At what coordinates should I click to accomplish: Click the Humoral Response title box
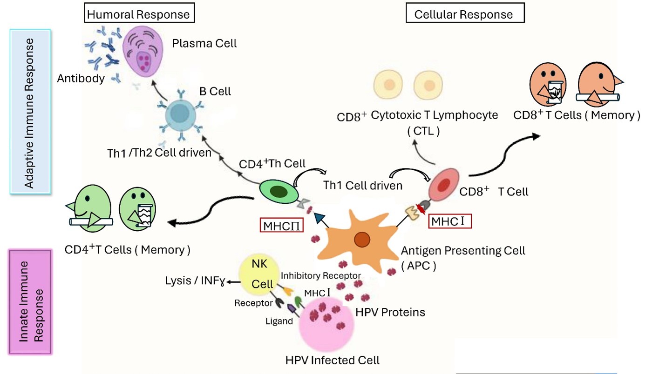click(139, 14)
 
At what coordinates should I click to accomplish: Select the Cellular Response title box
click(463, 14)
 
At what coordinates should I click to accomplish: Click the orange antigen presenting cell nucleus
click(361, 240)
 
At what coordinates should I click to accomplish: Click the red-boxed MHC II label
click(279, 226)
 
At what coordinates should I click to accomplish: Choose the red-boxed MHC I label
click(450, 221)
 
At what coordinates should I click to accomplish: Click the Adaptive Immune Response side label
click(30, 113)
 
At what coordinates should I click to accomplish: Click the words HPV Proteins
click(390, 312)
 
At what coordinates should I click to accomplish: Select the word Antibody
click(81, 78)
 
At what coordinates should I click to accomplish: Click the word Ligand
click(279, 321)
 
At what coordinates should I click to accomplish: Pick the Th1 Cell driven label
click(363, 186)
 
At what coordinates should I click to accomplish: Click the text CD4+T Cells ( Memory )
click(127, 250)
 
